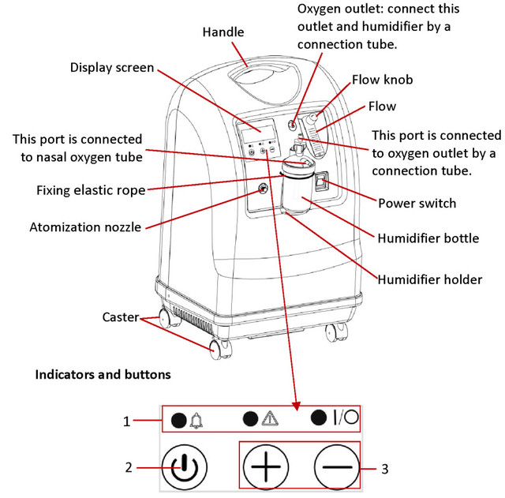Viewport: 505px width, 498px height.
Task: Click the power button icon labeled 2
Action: point(184,468)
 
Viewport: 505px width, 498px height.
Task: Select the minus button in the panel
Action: point(335,467)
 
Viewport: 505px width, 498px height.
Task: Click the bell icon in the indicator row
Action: point(196,419)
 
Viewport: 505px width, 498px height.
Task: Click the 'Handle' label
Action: point(223,32)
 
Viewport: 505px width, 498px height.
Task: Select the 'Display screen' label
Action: point(112,67)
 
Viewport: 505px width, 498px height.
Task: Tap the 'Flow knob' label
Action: point(383,80)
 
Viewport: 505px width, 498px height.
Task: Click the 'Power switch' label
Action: point(417,203)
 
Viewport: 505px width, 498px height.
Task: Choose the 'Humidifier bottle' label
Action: point(428,238)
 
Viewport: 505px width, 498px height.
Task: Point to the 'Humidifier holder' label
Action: point(429,279)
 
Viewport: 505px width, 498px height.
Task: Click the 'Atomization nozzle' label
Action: point(85,227)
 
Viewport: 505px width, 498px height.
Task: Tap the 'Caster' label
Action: point(121,317)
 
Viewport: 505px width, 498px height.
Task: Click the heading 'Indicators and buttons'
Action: point(103,374)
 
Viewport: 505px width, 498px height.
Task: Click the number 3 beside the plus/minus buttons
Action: point(384,469)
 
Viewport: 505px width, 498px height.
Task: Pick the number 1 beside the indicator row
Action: point(125,421)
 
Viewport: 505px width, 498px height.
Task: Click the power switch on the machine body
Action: point(320,184)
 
